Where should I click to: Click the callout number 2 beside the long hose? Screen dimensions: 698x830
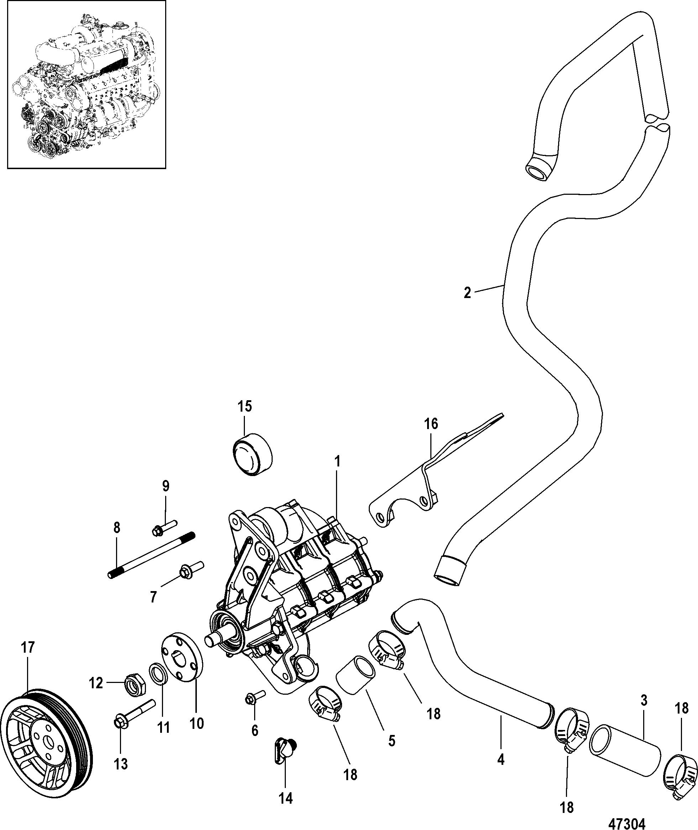pyautogui.click(x=467, y=293)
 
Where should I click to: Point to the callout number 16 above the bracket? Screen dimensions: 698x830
pyautogui.click(x=431, y=424)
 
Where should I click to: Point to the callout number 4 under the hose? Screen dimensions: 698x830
pyautogui.click(x=500, y=760)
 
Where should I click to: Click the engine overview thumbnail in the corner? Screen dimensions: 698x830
pyautogui.click(x=83, y=84)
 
